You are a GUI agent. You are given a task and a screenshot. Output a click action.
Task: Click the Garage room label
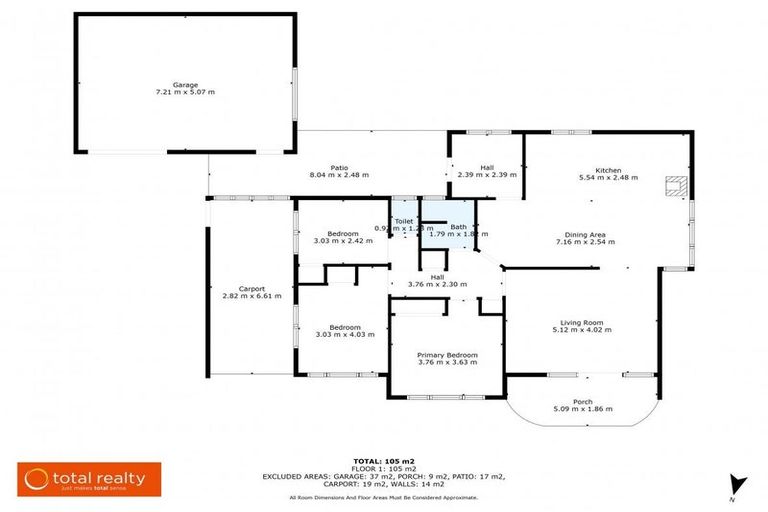tap(184, 84)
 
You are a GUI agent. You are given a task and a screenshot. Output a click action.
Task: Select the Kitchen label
tap(608, 169)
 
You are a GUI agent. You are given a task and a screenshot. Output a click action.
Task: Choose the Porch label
tap(582, 401)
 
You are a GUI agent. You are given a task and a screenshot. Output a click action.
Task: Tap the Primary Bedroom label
tap(447, 355)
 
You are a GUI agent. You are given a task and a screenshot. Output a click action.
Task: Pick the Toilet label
tap(403, 221)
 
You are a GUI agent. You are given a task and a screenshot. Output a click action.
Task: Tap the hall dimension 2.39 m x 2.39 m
tap(487, 175)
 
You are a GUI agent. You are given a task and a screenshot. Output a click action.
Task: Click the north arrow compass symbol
tap(737, 484)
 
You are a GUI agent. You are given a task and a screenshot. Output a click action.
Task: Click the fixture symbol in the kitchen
tap(677, 184)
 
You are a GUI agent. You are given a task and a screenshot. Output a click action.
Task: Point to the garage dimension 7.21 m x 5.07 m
tap(184, 91)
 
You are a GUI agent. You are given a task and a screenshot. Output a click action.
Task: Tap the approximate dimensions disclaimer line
tap(384, 497)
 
